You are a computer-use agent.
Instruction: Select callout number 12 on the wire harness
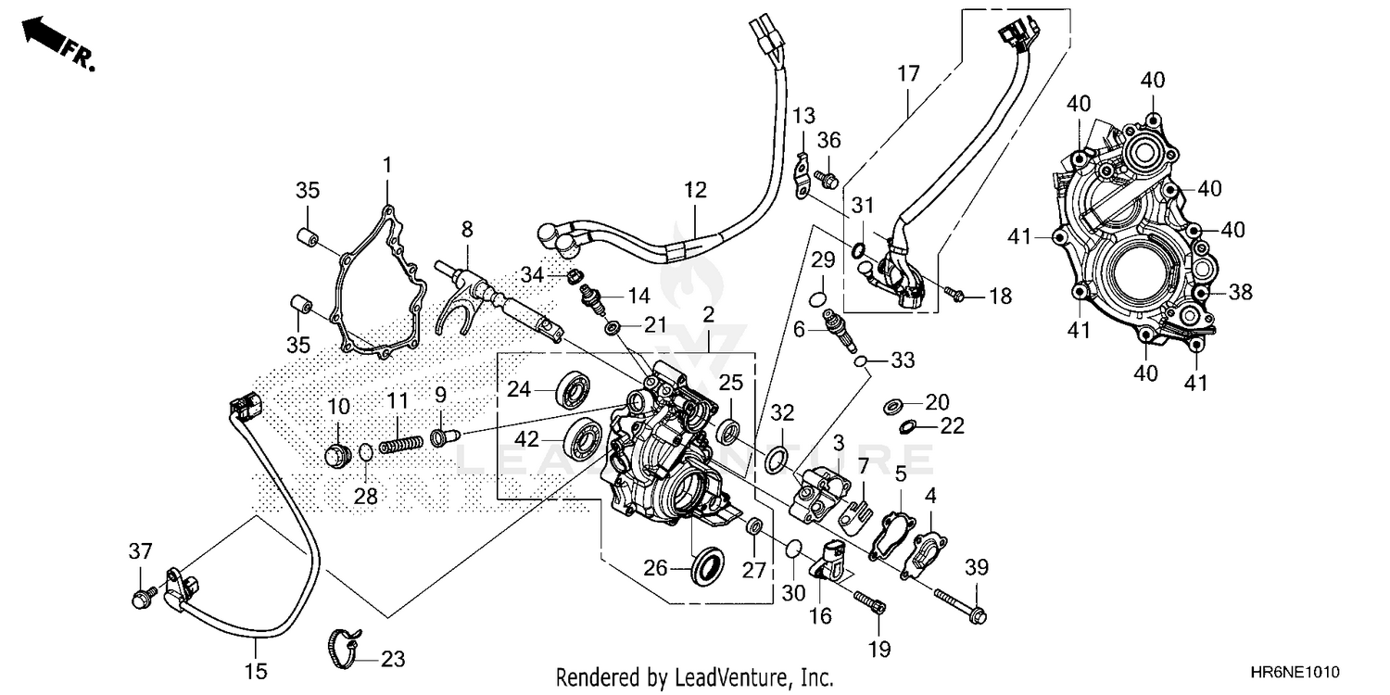tap(696, 191)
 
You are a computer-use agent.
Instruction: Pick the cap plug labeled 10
tap(337, 455)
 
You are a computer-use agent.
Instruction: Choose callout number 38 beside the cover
tap(1240, 293)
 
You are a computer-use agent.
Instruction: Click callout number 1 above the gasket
tap(387, 166)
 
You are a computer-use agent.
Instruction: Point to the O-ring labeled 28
tap(366, 453)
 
